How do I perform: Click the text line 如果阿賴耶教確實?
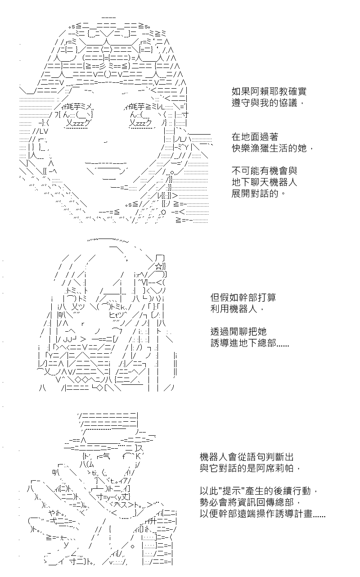click(269, 91)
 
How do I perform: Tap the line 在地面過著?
click(255, 137)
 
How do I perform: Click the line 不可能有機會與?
click(264, 171)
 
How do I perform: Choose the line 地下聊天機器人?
click(264, 182)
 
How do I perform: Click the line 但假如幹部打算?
click(243, 298)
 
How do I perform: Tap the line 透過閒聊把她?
click(238, 332)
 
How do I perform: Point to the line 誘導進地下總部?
click(250, 343)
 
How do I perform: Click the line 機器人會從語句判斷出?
click(247, 457)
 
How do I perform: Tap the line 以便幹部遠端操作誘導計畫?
click(262, 514)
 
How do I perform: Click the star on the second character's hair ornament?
click(159, 266)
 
